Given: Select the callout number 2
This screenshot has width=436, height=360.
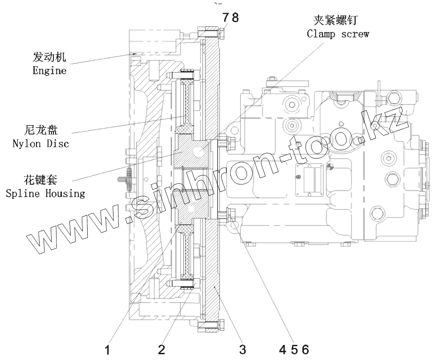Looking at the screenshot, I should click(161, 349).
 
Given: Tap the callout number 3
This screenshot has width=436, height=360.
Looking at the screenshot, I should click(242, 349).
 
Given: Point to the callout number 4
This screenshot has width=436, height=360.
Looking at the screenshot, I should click(283, 349).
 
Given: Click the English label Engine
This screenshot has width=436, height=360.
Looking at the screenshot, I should click(49, 70).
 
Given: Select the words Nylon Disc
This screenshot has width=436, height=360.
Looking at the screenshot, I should click(40, 144).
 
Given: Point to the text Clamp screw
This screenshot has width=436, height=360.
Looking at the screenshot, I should click(338, 34).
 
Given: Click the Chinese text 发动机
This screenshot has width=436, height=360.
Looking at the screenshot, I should click(49, 57).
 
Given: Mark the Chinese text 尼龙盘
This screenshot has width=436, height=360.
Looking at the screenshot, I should click(40, 131).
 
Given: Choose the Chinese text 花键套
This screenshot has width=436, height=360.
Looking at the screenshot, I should click(40, 181).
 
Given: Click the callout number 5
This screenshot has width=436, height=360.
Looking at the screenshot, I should click(294, 349).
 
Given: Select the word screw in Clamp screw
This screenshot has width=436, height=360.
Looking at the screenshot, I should click(355, 34).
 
